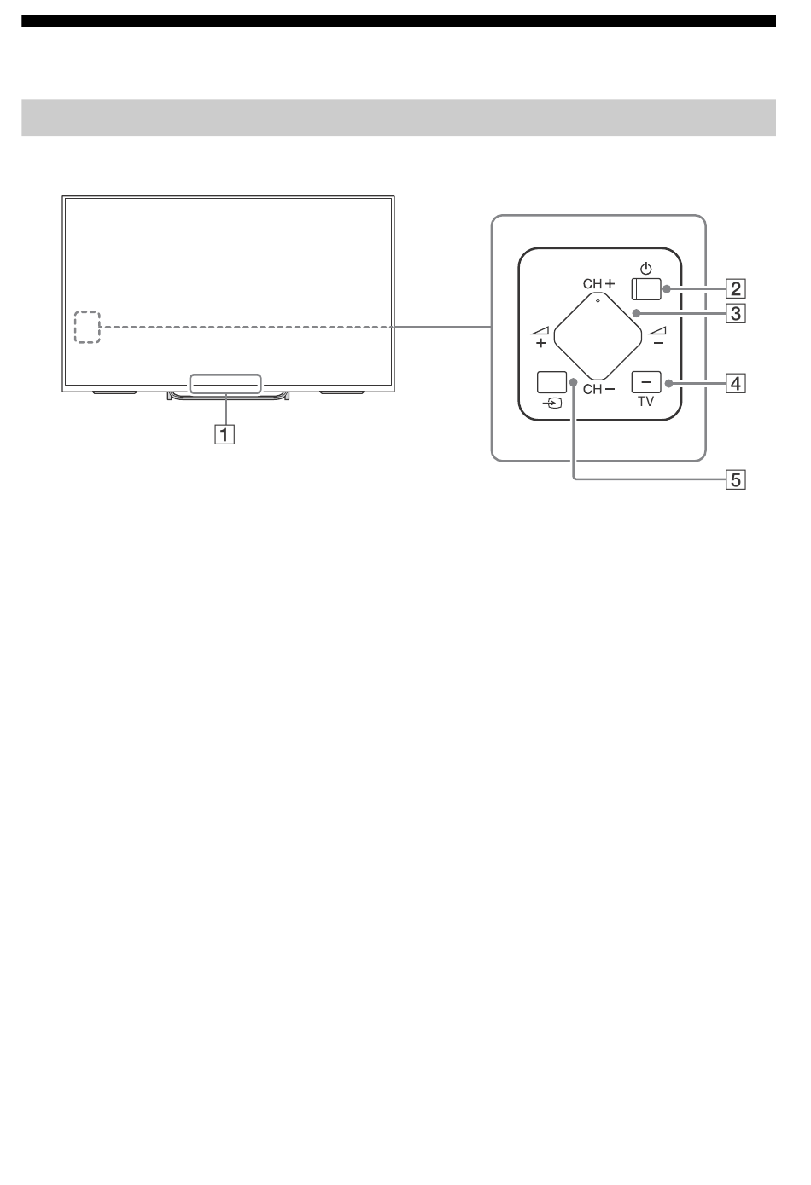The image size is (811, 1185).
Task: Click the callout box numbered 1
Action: click(x=225, y=435)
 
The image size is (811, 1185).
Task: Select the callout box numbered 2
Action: click(x=736, y=289)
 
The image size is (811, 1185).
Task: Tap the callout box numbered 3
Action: click(x=736, y=314)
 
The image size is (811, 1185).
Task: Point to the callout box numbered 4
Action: click(x=736, y=384)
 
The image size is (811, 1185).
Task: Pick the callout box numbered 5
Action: click(x=736, y=480)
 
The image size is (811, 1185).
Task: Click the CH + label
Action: click(x=598, y=284)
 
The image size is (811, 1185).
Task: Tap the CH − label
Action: click(x=598, y=389)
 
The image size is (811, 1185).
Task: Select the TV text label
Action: click(x=646, y=402)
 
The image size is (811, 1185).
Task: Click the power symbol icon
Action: click(x=646, y=269)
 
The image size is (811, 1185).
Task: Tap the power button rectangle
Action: click(x=646, y=289)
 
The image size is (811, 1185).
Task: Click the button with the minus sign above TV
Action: click(x=646, y=382)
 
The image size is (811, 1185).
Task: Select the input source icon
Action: click(x=552, y=404)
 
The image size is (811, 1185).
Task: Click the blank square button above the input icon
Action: click(x=551, y=382)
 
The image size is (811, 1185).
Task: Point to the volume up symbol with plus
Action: click(x=540, y=336)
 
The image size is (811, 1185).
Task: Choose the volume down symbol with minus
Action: click(x=657, y=336)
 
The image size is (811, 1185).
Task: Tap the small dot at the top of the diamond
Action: click(x=598, y=301)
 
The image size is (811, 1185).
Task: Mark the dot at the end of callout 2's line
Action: click(x=667, y=289)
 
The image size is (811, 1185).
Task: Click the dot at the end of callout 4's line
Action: click(x=669, y=384)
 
